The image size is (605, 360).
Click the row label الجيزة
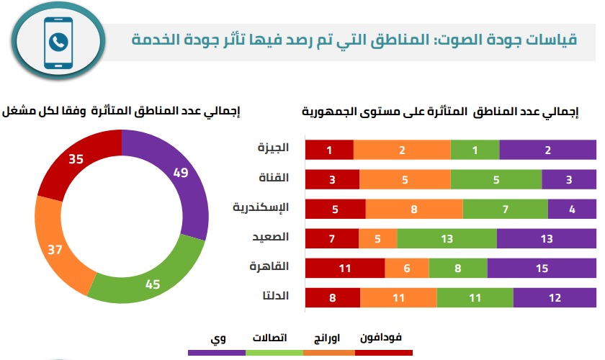point(274,148)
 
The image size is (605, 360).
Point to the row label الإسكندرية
point(261,208)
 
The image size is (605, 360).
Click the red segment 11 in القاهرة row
point(345,268)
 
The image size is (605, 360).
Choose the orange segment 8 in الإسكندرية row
point(414,209)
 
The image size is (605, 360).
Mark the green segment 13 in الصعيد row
point(447,238)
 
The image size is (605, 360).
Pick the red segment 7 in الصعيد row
point(332,238)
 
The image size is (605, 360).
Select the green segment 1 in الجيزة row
point(475,150)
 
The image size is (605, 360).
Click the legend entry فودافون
point(384,338)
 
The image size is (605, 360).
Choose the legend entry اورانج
point(329,338)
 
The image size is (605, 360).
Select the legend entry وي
point(216,338)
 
